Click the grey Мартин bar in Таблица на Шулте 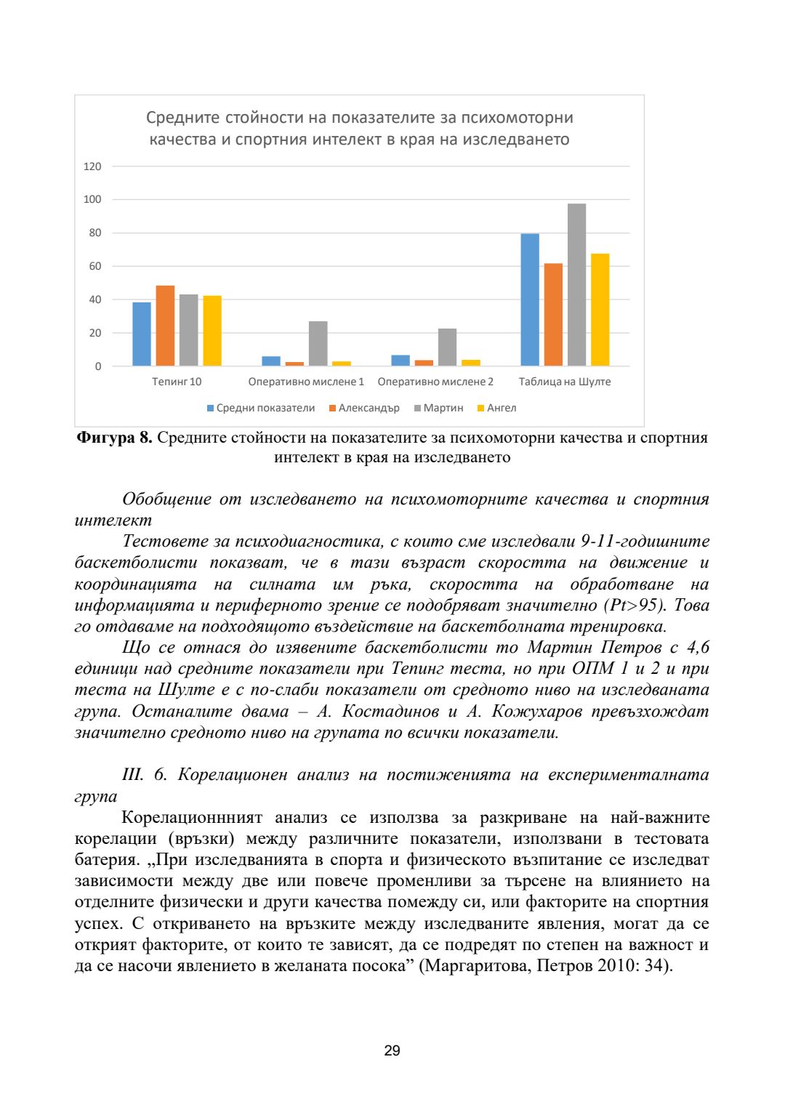pos(576,284)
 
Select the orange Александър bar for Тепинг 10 pos(165,326)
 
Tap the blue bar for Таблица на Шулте pos(530,299)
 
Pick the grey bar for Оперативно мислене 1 pos(318,343)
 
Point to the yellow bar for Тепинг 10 pos(212,331)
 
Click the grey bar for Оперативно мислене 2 pos(447,347)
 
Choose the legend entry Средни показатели pos(261,408)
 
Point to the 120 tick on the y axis pos(92,166)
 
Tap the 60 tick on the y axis pos(95,266)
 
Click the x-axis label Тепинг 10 pos(177,382)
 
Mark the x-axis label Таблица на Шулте pos(565,382)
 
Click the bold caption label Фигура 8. pos(114,438)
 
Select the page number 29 pos(392,1050)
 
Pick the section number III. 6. pos(145,775)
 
